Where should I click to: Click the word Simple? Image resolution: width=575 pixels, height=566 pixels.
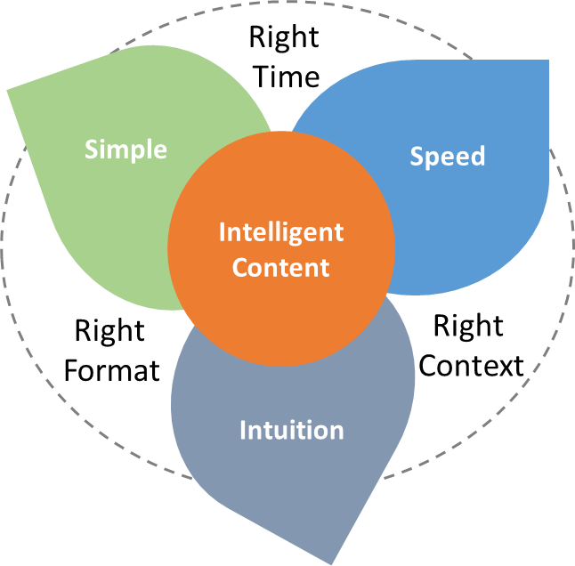[x=126, y=149]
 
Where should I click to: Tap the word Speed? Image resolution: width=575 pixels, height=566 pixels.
[x=447, y=157]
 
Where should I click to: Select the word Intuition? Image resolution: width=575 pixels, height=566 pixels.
[x=291, y=431]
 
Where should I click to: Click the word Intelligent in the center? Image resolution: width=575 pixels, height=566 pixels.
[x=280, y=233]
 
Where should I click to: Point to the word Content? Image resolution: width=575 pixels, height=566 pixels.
[x=280, y=267]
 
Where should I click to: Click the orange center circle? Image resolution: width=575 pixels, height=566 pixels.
[x=280, y=303]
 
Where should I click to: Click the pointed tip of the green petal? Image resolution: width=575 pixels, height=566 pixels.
[x=9, y=91]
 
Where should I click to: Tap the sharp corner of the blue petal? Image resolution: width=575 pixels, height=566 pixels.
[x=546, y=61]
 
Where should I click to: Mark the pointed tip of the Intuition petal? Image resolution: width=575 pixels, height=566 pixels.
[x=332, y=562]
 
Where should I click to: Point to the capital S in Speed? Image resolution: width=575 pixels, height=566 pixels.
[x=417, y=157]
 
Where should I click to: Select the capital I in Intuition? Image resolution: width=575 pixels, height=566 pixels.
[x=243, y=431]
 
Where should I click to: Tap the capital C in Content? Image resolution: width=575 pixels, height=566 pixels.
[x=240, y=267]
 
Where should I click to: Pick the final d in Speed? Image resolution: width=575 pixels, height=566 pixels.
[x=478, y=157]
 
